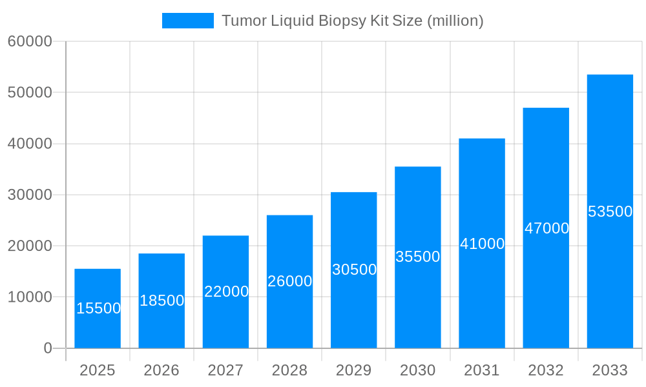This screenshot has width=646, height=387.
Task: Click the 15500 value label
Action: (x=99, y=308)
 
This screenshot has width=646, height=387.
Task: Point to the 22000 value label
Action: (x=227, y=292)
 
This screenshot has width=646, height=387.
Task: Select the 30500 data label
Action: (x=355, y=270)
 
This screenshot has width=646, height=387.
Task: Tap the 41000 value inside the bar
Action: (x=483, y=244)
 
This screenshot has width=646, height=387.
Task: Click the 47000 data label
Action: (x=547, y=228)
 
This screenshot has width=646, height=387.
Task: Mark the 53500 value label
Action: (x=610, y=212)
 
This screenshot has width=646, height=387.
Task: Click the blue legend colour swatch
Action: (x=187, y=21)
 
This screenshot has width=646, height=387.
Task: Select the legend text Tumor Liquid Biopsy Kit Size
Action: (x=353, y=21)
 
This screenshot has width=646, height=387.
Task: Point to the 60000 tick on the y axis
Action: (x=30, y=41)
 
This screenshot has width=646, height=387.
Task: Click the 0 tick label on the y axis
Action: (x=48, y=348)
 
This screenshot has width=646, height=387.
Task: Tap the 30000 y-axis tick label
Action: (x=30, y=195)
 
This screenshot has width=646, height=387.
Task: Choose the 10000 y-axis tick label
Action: (x=30, y=297)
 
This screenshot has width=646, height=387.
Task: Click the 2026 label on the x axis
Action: (x=161, y=370)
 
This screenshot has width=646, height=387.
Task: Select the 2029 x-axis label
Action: (x=354, y=370)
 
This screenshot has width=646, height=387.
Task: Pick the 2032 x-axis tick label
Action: (x=546, y=370)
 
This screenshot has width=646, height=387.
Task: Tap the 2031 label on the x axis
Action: (x=482, y=370)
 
